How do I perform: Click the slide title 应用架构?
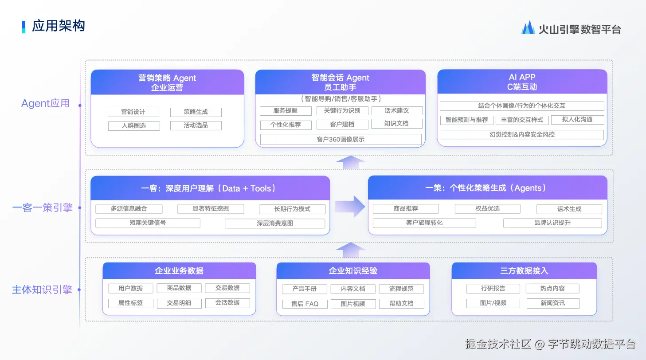coord(58,26)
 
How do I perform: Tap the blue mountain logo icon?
coord(528,27)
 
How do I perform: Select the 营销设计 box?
coord(133,112)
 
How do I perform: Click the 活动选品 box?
coord(196,125)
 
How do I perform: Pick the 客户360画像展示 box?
coord(341,139)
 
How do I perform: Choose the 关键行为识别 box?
coord(342,111)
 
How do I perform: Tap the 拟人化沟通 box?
coord(577,120)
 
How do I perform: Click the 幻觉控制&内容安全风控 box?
coord(522,135)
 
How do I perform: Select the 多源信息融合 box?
coord(129,208)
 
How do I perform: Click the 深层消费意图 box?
coord(275,223)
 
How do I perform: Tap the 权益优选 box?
coord(487,208)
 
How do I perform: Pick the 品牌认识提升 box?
coord(552,223)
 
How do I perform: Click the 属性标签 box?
coord(131,303)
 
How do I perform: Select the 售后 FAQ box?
coord(305,304)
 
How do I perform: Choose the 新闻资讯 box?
coord(552,303)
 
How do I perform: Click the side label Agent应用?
coord(46,103)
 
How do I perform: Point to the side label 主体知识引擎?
coord(42,290)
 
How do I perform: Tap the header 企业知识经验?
coord(353,270)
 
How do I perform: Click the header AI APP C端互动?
coord(522,82)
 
